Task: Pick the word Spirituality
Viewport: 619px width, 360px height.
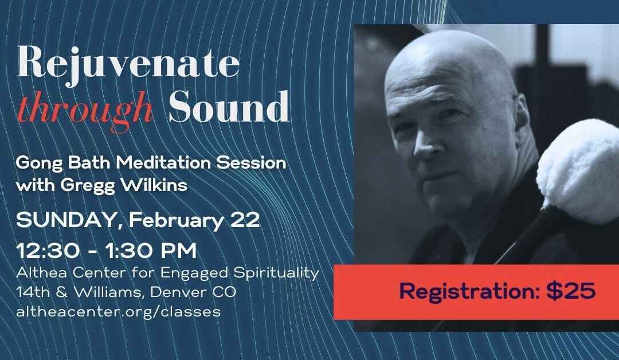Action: click(277, 273)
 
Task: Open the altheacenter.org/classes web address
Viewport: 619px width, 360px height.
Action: click(118, 312)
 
